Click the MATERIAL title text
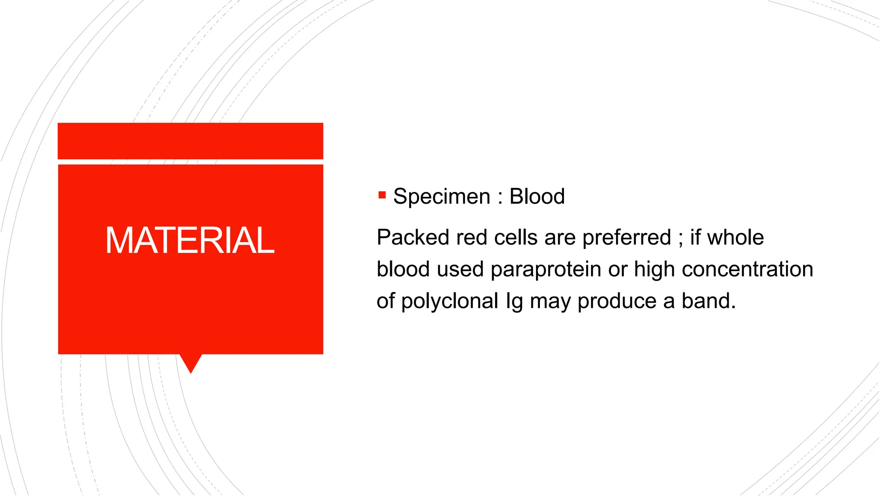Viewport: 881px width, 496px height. (190, 240)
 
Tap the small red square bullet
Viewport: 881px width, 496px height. (382, 195)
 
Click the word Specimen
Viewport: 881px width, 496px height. (441, 197)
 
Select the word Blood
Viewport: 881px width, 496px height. (537, 197)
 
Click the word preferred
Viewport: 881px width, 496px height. (626, 238)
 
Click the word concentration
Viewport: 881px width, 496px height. (747, 270)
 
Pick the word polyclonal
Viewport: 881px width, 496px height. (450, 301)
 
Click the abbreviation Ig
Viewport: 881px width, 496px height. (514, 301)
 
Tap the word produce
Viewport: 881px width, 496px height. (616, 301)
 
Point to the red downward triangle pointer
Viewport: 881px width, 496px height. (191, 362)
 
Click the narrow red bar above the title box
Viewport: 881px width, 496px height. (190, 141)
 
